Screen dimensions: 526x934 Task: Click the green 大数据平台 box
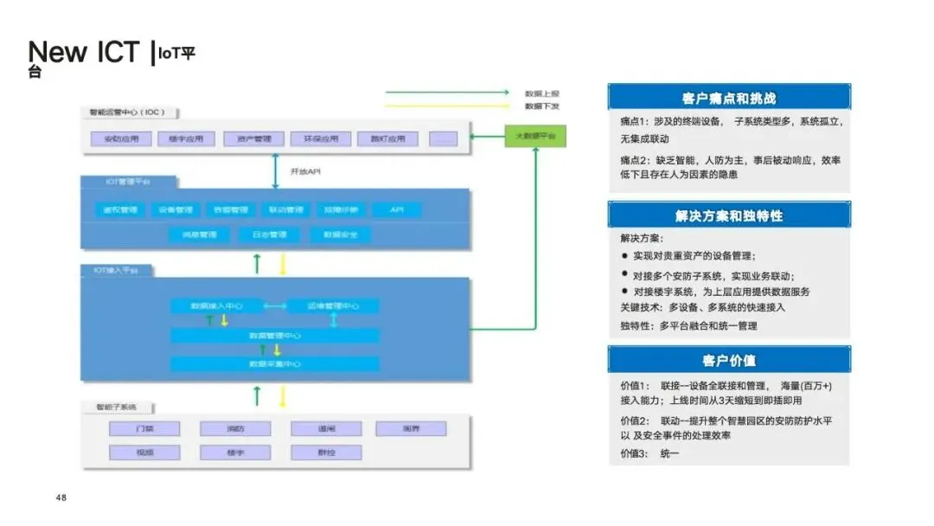pos(536,137)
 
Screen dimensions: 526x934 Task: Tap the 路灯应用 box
pos(387,138)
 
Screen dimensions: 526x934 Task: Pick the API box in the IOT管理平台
pos(397,209)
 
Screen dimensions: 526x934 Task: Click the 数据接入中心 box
pos(216,305)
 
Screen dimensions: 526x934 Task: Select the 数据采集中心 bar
pos(274,364)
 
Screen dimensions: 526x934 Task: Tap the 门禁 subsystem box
pos(144,428)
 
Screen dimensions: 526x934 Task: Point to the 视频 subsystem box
pos(144,452)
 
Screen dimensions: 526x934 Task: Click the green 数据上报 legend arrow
pos(446,92)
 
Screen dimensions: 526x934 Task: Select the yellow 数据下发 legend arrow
pos(446,106)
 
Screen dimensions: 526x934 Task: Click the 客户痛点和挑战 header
pos(729,98)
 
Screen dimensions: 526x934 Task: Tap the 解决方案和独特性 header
pos(729,215)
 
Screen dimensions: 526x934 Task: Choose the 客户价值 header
pos(729,360)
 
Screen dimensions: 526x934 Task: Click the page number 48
pos(61,497)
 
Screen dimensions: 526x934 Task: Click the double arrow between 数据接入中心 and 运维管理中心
pos(275,305)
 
